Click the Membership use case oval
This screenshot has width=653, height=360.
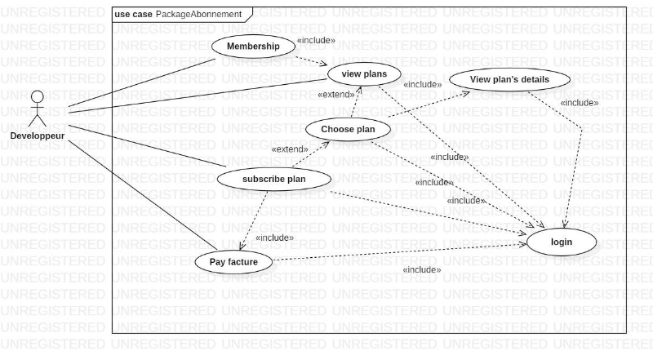253,47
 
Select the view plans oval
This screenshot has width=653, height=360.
363,74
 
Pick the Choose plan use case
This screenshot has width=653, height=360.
348,129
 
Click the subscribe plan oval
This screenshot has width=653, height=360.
274,179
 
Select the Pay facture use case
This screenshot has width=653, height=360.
233,262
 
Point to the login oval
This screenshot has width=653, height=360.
562,242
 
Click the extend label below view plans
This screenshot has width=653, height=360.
335,95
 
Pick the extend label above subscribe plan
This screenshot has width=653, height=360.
289,149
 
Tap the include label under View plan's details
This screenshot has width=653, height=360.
579,103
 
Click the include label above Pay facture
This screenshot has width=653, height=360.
274,238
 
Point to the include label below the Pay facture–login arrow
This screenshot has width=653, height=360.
421,269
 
